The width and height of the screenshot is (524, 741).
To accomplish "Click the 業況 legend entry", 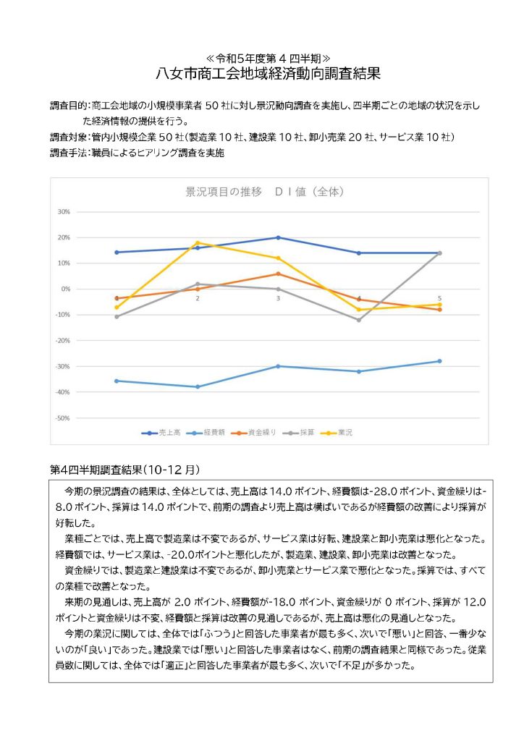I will pos(345,433).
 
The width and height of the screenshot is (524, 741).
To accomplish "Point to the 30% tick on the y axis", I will pos(63,212).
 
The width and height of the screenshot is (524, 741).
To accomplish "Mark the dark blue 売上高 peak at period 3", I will pos(279,237).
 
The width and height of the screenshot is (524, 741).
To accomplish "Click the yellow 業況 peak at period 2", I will pos(198,242).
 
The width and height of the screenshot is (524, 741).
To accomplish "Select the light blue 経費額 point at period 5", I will pos(439,361).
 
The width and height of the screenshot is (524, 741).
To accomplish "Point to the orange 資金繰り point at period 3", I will pos(279,274).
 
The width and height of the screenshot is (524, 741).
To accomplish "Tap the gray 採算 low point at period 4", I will pos(359,320).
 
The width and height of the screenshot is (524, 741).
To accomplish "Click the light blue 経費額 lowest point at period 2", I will pos(198,386).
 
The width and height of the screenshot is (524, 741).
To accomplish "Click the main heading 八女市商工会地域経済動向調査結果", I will pos(268,73).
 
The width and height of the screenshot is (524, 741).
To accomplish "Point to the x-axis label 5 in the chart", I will pos(439,298).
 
